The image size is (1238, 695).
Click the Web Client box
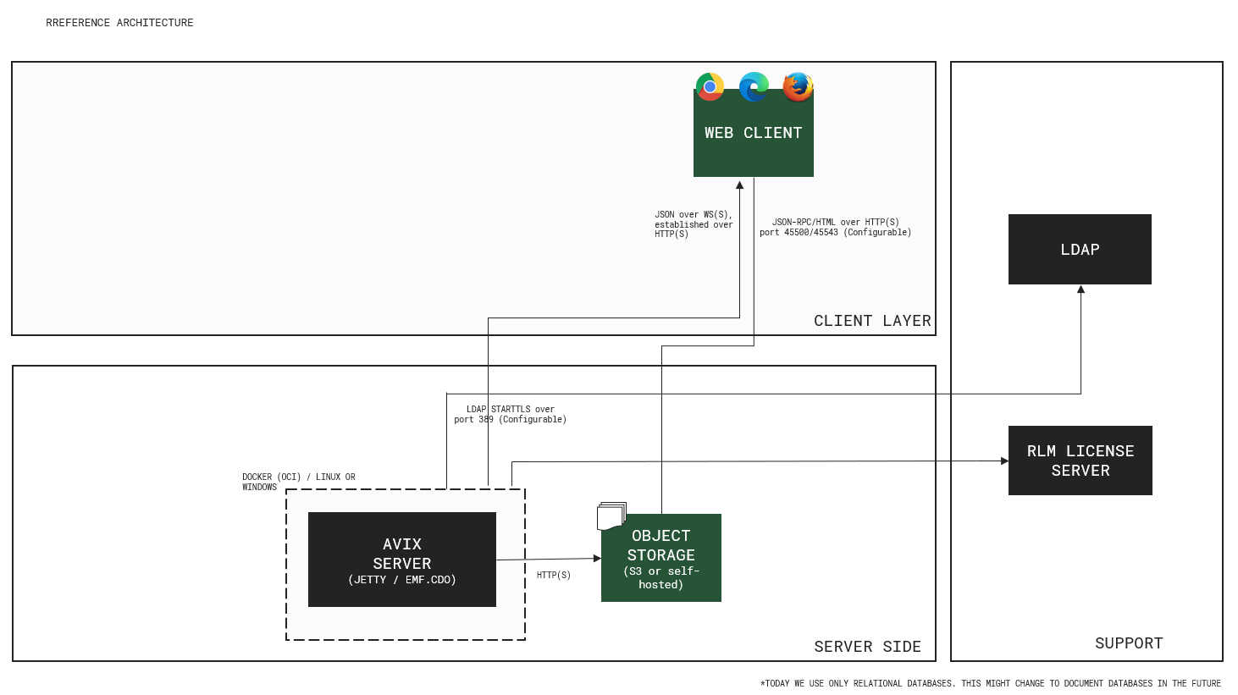(x=753, y=140)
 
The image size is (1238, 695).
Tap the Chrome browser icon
(x=710, y=86)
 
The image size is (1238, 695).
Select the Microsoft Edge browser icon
(x=754, y=86)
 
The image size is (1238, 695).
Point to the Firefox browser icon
(x=798, y=86)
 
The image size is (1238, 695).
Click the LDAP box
(x=1080, y=250)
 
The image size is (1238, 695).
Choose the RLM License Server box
(x=1080, y=461)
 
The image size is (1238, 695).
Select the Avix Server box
(x=401, y=560)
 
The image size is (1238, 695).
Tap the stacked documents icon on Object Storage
(x=611, y=516)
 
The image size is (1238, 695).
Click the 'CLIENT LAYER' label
(x=872, y=321)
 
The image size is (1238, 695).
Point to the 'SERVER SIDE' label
(x=867, y=647)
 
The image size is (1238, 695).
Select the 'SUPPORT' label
(x=1129, y=643)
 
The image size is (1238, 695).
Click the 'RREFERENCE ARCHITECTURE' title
(x=119, y=23)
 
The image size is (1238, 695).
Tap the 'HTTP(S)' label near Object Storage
(x=554, y=576)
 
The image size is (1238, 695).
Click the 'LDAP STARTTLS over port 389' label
(x=510, y=415)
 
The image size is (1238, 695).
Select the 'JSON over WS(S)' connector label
(x=693, y=224)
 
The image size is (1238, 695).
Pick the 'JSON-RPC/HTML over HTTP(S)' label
(x=835, y=227)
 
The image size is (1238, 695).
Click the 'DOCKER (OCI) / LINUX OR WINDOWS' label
(x=298, y=482)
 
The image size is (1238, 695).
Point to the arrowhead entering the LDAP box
(x=1080, y=290)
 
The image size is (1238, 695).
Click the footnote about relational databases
(x=990, y=683)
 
